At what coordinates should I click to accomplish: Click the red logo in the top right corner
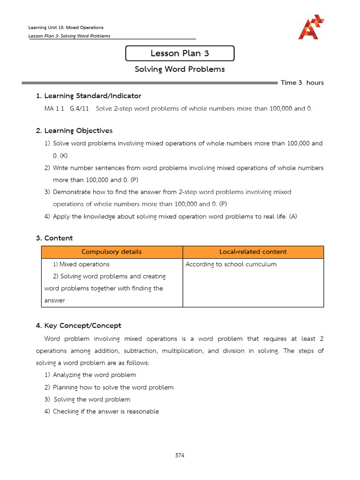point(311,27)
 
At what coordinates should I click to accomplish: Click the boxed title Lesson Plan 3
point(180,53)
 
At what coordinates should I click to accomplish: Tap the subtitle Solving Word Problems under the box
point(180,69)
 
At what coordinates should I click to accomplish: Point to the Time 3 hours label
point(302,82)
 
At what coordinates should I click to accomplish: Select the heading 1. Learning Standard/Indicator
point(89,96)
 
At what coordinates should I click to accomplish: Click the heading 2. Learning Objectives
point(74,130)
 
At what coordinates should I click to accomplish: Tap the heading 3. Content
point(54,238)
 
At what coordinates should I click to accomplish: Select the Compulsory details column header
point(112,252)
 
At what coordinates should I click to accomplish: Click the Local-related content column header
point(253,252)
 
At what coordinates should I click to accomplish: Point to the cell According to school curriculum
point(231,264)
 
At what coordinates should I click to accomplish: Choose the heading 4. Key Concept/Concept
point(79,325)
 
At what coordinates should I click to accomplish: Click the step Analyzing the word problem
point(94,375)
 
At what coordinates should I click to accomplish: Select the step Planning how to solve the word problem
point(113,387)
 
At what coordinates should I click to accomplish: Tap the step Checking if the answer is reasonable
point(105,412)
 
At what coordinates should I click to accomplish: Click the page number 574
point(180,455)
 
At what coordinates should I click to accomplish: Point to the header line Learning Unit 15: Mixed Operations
point(66,28)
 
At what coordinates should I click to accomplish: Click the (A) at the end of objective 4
point(293,216)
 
